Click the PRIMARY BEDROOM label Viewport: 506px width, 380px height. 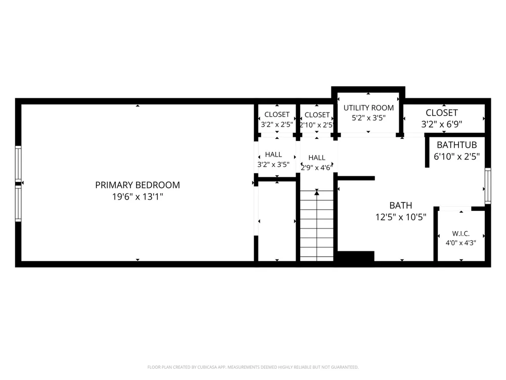coord(138,185)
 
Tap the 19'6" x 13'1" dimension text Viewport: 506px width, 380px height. coord(138,197)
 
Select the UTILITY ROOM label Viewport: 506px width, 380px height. coord(368,107)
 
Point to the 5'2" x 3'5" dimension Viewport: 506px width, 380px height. coord(368,118)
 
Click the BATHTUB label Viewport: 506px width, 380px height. coord(456,145)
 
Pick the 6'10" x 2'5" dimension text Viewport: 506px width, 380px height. coord(456,157)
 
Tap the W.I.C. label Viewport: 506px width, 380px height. coord(461,233)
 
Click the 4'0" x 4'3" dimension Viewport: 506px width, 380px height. coord(461,243)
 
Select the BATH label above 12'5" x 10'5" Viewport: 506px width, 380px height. coord(401,205)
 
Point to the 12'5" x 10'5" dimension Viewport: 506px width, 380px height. coord(401,217)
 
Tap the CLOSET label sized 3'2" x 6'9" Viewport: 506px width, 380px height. coord(442,112)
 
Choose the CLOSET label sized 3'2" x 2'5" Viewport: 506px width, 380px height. coord(277,115)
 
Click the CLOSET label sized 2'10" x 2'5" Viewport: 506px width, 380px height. coord(317,115)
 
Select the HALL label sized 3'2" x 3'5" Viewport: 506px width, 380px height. coord(273,155)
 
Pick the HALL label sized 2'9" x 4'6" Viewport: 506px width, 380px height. coord(317,158)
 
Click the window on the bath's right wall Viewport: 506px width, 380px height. coord(488,186)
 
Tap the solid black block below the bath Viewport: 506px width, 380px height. coord(356,256)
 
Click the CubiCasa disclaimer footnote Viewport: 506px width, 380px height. coord(253,367)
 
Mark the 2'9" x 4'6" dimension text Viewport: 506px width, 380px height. coord(317,167)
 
